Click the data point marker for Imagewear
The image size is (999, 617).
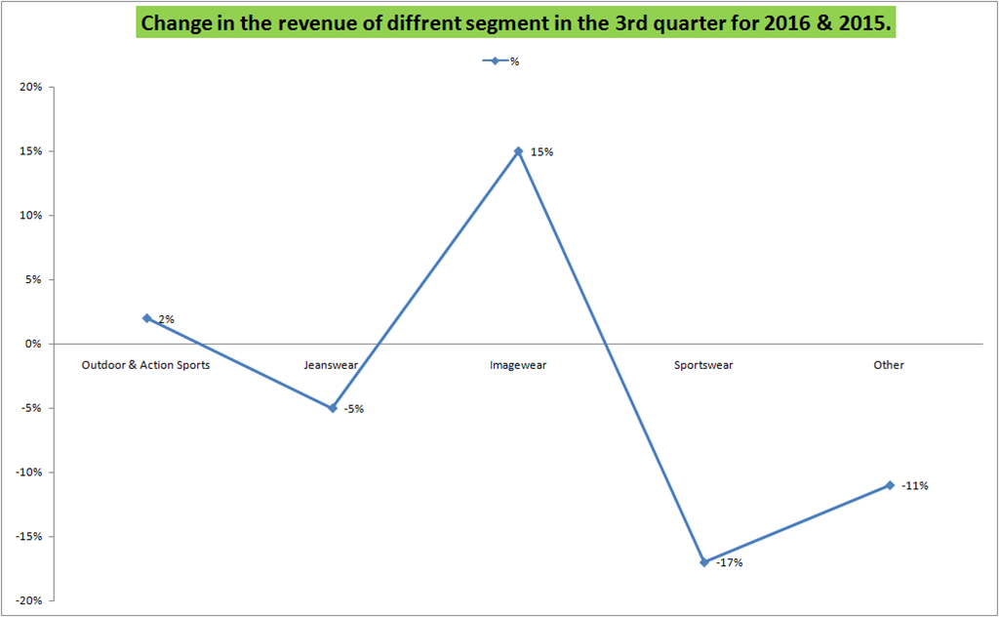518,151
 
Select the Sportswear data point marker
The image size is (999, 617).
704,562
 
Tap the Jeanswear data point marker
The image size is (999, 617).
333,408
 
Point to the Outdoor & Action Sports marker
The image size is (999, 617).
147,318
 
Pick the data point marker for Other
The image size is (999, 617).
890,485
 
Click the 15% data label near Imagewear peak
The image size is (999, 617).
541,152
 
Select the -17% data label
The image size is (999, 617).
729,563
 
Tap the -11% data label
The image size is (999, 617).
915,486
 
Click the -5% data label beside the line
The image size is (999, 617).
353,409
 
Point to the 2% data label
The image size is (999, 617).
166,319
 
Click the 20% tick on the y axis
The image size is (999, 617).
30,87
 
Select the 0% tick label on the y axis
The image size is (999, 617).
33,344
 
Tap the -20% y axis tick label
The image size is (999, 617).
28,600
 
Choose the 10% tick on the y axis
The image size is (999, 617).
30,216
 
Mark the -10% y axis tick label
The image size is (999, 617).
28,473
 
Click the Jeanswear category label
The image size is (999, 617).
331,365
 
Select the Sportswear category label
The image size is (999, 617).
703,365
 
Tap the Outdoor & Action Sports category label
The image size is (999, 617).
145,365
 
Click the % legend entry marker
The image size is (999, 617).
495,62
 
